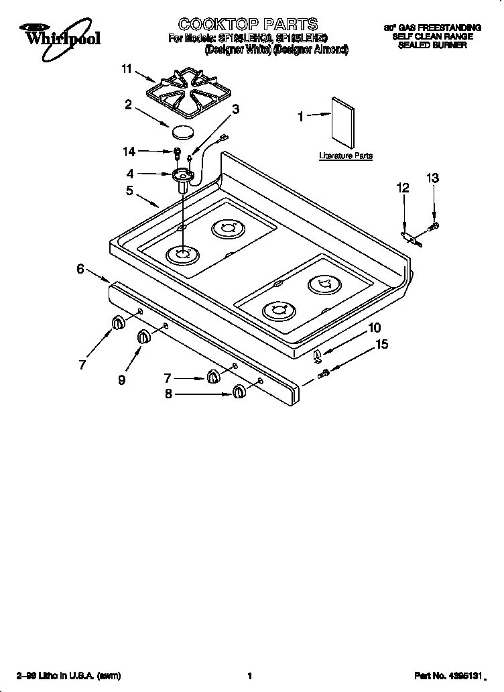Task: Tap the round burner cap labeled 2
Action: tap(183, 130)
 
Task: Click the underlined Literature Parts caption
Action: tap(345, 156)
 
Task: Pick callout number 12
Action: tap(403, 188)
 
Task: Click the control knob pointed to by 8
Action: tap(238, 392)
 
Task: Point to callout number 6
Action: tap(80, 269)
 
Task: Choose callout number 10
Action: tap(375, 327)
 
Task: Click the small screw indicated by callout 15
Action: tap(324, 372)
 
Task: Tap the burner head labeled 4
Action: tap(181, 176)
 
